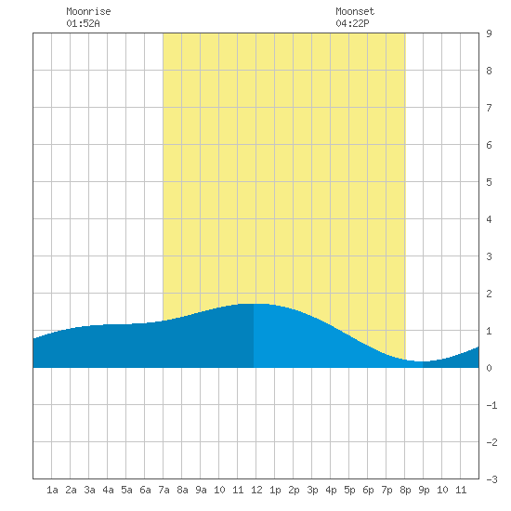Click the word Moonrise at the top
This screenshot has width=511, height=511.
click(88, 11)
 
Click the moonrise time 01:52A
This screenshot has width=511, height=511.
click(83, 23)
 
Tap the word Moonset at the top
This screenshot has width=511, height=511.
click(355, 11)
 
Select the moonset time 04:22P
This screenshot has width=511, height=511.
click(352, 23)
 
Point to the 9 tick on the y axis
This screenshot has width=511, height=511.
click(489, 33)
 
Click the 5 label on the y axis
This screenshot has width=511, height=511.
click(489, 182)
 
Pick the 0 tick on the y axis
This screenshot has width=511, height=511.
click(489, 368)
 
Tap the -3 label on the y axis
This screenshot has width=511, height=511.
click(491, 479)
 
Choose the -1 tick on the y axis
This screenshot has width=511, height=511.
click(491, 405)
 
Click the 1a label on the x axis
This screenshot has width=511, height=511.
click(52, 490)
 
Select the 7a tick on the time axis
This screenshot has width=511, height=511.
click(164, 490)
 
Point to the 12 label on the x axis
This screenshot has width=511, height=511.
click(256, 490)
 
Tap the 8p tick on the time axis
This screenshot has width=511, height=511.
click(405, 490)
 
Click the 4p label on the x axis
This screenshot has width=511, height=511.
click(331, 490)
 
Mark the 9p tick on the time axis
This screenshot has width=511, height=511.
click(424, 490)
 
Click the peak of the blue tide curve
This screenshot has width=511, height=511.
click(255, 304)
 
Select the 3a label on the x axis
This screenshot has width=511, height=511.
click(89, 490)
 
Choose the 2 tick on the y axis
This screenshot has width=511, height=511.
click(489, 294)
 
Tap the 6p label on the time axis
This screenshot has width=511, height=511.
click(368, 490)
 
